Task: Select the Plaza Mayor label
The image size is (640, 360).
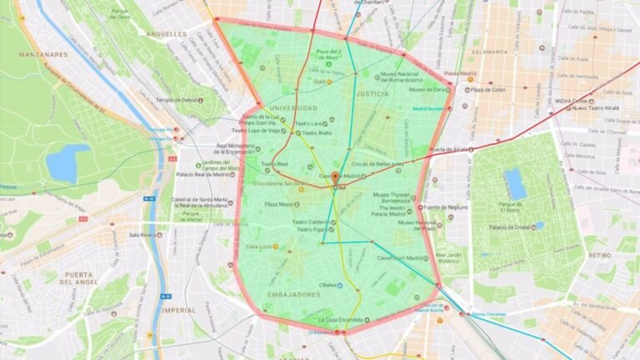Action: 281,204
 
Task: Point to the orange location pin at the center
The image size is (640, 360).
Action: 335,178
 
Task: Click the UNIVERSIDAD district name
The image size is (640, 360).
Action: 292,108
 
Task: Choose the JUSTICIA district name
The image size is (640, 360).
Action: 372,95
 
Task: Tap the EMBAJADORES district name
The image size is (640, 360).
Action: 294,294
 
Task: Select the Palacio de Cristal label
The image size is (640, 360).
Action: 512,227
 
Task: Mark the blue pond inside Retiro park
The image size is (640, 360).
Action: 515,183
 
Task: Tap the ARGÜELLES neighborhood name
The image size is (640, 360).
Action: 167,35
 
